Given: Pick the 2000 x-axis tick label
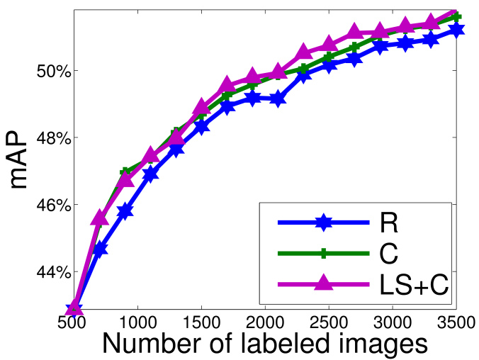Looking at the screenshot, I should point(265,323).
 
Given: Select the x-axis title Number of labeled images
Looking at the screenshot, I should point(265,344).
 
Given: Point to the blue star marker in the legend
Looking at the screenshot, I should point(323,223).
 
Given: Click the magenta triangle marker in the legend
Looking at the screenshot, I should point(323,283).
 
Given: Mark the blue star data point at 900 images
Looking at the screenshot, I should point(125,211).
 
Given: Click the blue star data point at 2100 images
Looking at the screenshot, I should point(278,99).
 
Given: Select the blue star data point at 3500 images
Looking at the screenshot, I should point(456,30).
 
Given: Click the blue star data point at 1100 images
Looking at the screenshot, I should point(151,174).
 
